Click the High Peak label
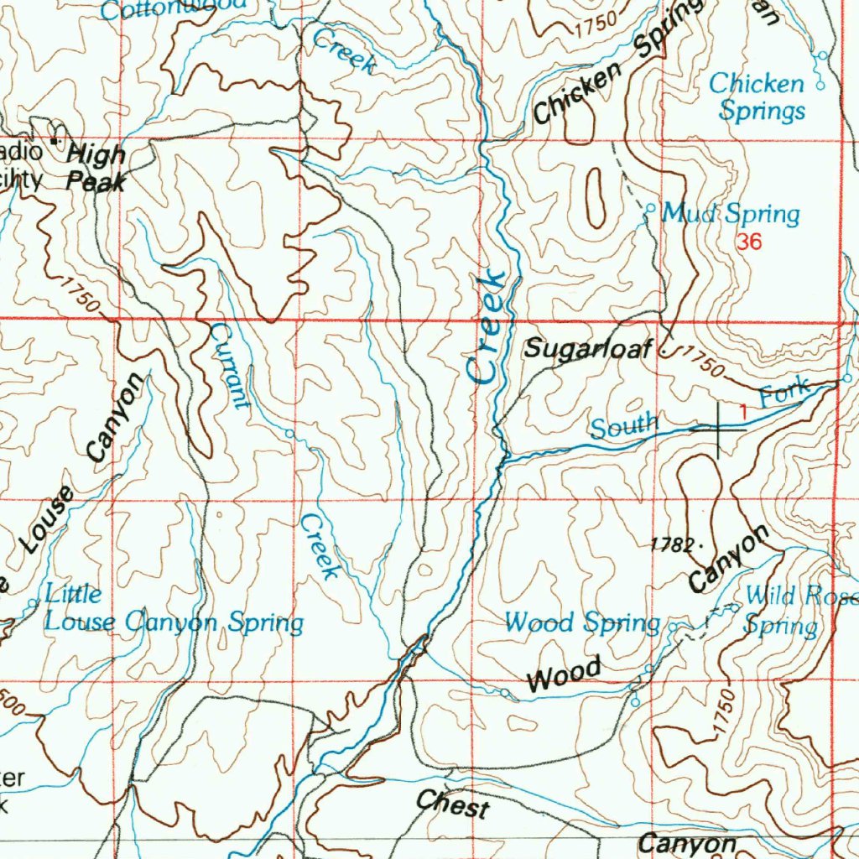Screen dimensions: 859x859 [96, 167]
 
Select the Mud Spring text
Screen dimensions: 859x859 [731, 214]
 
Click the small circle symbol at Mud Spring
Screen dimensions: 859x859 [650, 207]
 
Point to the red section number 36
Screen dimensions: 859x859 [749, 242]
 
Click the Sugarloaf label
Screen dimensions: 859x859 [587, 349]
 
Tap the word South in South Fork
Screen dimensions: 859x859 [622, 426]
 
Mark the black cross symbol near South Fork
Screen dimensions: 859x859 [719, 429]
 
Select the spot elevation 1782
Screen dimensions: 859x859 [673, 545]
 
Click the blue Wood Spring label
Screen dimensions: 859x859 [582, 622]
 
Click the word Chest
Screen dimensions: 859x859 [453, 804]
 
